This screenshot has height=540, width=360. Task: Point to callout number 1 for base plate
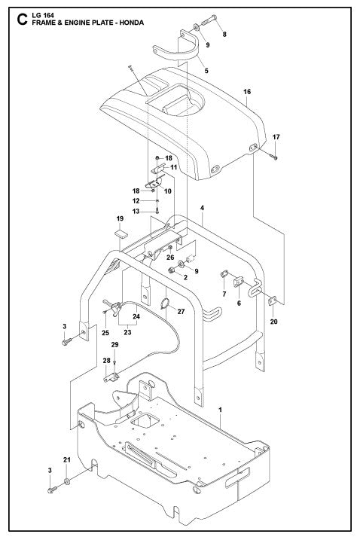pyautogui.click(x=219, y=410)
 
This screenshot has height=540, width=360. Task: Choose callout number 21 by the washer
pyautogui.click(x=67, y=459)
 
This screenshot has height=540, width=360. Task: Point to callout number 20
pyautogui.click(x=274, y=322)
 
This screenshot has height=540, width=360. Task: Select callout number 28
pyautogui.click(x=105, y=361)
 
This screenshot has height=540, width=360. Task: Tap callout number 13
pyautogui.click(x=136, y=212)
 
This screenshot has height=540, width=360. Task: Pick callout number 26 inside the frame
pyautogui.click(x=170, y=258)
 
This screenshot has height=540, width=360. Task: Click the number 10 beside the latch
pyautogui.click(x=168, y=191)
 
